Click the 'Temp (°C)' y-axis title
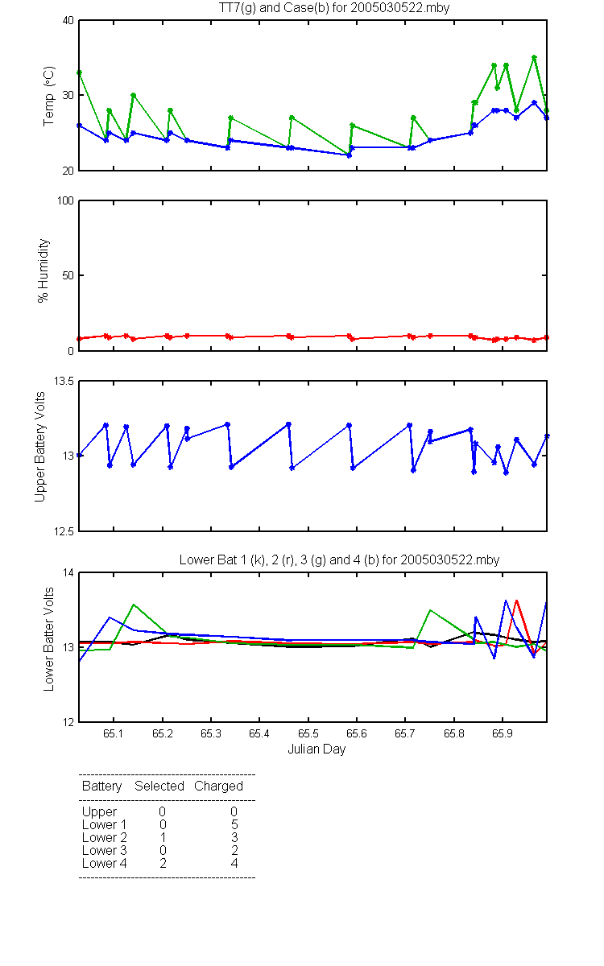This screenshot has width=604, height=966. (x=49, y=96)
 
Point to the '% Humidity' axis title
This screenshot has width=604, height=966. (x=43, y=270)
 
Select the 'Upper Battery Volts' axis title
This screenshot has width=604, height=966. (x=39, y=447)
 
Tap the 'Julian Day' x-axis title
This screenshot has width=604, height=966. (x=316, y=749)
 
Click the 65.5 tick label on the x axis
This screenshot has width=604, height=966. (x=308, y=733)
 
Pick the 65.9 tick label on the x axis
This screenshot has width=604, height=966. (x=503, y=733)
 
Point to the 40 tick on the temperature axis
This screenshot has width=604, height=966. (x=68, y=21)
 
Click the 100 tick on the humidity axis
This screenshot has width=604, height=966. (x=65, y=201)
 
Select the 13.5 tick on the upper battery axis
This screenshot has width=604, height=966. (x=64, y=382)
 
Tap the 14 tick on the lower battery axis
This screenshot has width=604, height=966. (x=68, y=572)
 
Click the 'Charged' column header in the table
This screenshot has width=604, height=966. (x=218, y=786)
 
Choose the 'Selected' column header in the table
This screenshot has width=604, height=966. (x=159, y=786)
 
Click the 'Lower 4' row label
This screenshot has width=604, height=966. (x=105, y=863)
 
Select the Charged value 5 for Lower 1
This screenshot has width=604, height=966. (x=234, y=824)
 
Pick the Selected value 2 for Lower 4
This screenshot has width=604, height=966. (x=163, y=863)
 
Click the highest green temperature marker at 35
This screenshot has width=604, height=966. (x=534, y=57)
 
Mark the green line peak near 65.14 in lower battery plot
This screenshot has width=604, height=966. (x=134, y=605)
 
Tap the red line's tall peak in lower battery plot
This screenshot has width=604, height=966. (x=516, y=601)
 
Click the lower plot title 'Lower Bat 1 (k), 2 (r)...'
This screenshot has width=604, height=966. (x=339, y=559)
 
